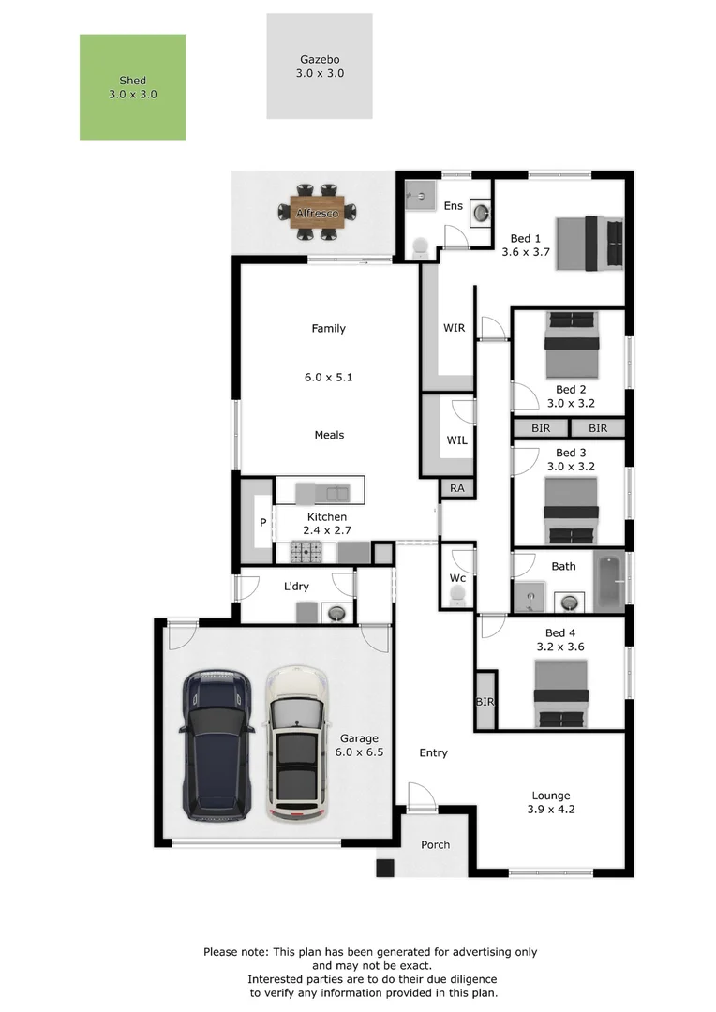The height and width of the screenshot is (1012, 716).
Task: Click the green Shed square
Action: pyautogui.click(x=132, y=87)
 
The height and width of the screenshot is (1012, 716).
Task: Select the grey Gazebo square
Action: pyautogui.click(x=319, y=66)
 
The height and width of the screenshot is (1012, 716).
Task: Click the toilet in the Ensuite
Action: pyautogui.click(x=419, y=247)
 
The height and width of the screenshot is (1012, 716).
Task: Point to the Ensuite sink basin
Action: pyautogui.click(x=481, y=213)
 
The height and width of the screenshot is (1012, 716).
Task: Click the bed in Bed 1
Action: pyautogui.click(x=589, y=243)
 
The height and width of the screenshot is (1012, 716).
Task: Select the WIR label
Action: pyautogui.click(x=454, y=328)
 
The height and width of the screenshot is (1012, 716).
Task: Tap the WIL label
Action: pyautogui.click(x=456, y=439)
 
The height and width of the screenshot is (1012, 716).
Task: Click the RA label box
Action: pyautogui.click(x=457, y=488)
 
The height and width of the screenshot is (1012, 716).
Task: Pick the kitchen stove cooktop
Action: pyautogui.click(x=305, y=553)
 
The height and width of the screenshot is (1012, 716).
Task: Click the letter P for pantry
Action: pyautogui.click(x=263, y=523)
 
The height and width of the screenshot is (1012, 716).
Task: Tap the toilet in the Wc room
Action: pyautogui.click(x=457, y=598)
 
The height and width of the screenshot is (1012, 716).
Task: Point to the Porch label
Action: pyautogui.click(x=435, y=844)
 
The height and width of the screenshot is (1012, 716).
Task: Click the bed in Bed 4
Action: pyautogui.click(x=561, y=694)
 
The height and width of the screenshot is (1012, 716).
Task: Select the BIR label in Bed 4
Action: pyautogui.click(x=485, y=702)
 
